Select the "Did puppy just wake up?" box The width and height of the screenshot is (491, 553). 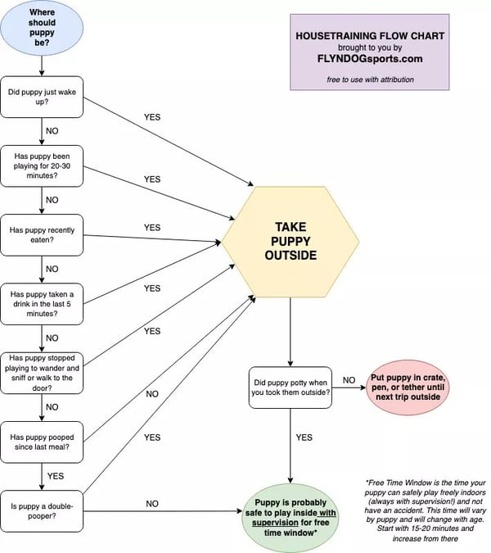point(42,97)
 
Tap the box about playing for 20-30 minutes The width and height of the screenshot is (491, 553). point(42,165)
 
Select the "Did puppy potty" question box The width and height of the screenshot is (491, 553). point(290,387)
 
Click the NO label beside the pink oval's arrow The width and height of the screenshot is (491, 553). point(349,380)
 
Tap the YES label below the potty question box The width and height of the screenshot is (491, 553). point(304,437)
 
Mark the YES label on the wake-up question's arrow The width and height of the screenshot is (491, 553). point(151,117)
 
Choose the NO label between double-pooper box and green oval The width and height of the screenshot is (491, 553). point(151,504)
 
